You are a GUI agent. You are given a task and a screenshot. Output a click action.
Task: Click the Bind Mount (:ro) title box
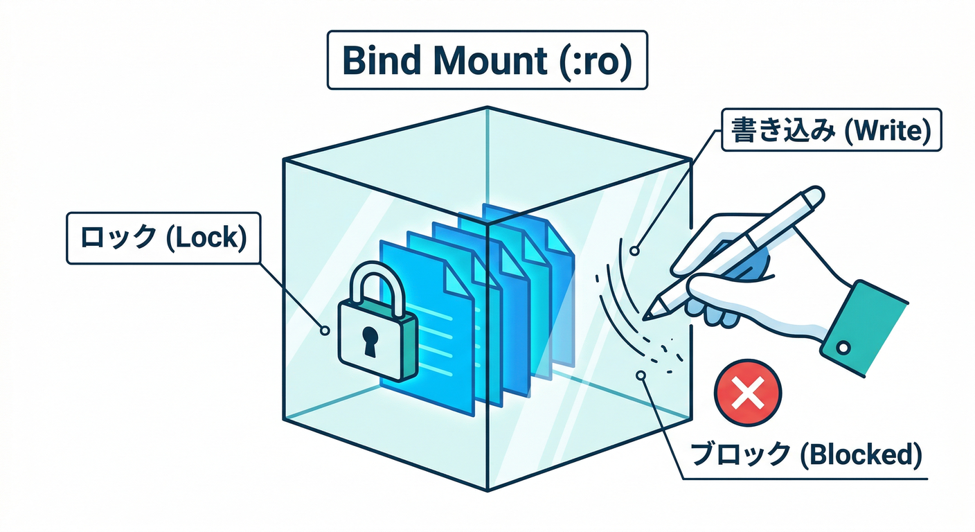coord(487,60)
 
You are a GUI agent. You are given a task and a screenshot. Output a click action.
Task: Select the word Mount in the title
coord(490,61)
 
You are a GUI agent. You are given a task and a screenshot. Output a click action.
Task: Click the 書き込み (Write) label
coord(831,130)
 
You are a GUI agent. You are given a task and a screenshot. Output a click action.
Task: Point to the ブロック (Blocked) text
coord(807,454)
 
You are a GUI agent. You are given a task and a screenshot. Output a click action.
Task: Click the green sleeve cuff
coord(862,328)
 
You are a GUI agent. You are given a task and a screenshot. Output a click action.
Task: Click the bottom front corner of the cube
coord(487,490)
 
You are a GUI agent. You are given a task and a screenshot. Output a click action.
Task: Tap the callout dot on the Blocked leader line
coord(641,375)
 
